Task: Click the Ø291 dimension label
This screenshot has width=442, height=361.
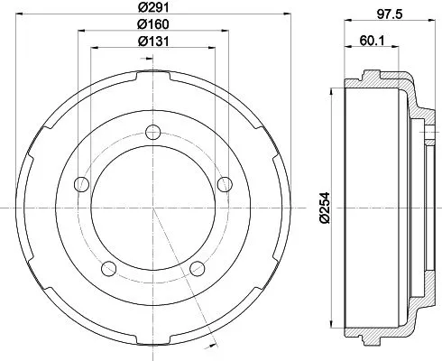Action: pos(152,10)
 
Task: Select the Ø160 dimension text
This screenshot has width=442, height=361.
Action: pos(152,25)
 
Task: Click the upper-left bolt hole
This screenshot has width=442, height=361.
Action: pos(81,184)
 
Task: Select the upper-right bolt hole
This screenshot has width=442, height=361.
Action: pos(225,184)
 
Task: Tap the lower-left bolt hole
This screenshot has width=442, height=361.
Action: pos(109,267)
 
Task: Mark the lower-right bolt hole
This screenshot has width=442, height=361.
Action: pos(198,267)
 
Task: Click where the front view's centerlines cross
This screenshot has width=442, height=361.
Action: pos(153,208)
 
